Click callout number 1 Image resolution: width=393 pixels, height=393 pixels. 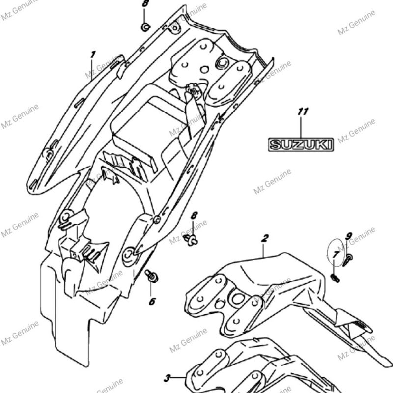tap(92, 54)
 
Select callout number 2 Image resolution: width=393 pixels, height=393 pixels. tap(265, 239)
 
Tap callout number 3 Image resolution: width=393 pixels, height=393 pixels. tap(167, 378)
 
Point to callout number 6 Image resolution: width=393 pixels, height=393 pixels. tap(152, 301)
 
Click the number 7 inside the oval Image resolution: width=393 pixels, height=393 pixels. tap(336, 254)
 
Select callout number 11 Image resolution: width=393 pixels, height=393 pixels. tap(302, 112)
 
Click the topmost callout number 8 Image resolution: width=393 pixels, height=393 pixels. tap(145, 4)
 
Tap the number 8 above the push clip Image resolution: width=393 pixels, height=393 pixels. tap(194, 216)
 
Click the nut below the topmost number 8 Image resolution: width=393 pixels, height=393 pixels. tap(145, 27)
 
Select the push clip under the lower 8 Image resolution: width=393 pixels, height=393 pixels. tap(191, 239)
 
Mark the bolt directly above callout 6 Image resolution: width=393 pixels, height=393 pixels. tap(152, 277)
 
